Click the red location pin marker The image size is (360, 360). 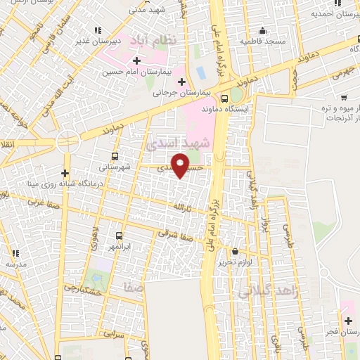pyautogui.click(x=181, y=165)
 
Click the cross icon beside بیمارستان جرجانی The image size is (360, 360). pyautogui.click(x=181, y=82)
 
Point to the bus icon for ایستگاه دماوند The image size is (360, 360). pyautogui.click(x=225, y=98)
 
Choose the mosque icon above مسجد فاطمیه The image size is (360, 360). pyautogui.click(x=262, y=31)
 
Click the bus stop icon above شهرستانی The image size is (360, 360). pyautogui.click(x=115, y=157)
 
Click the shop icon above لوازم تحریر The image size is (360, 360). pyautogui.click(x=234, y=251)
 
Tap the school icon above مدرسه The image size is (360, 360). pyautogui.click(x=15, y=252)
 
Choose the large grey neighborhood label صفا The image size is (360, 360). pyautogui.click(x=132, y=287)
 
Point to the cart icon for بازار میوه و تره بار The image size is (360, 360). pyautogui.click(x=344, y=97)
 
